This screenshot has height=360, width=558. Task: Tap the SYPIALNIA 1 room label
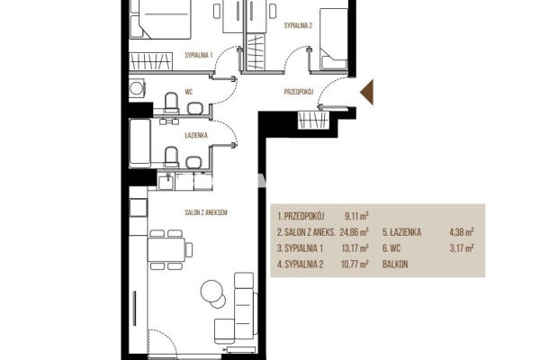point(199,55)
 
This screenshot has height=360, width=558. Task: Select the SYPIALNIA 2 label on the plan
point(298,25)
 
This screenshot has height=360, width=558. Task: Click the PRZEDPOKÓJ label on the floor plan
point(299,92)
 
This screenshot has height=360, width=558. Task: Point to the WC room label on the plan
point(189,92)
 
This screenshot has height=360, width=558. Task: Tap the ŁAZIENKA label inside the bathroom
point(196,136)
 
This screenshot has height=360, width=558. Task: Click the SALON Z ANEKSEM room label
point(206,212)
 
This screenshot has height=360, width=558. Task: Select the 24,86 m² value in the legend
point(354,232)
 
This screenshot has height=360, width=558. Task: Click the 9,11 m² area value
point(356,216)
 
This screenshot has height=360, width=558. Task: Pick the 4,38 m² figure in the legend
point(462,232)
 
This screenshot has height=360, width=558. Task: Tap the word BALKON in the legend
point(395,265)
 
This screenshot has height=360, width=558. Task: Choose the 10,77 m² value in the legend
point(355,264)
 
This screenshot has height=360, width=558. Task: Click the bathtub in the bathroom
point(139,143)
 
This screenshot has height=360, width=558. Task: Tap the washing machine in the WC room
point(137,88)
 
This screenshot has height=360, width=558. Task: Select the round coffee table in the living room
point(212,292)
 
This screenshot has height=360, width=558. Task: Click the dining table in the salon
point(166,249)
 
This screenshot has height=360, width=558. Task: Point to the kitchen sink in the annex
point(166,181)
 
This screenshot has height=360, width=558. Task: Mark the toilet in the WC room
point(171,103)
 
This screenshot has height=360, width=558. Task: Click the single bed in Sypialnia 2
point(333,39)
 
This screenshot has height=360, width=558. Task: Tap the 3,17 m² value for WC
point(462,247)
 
